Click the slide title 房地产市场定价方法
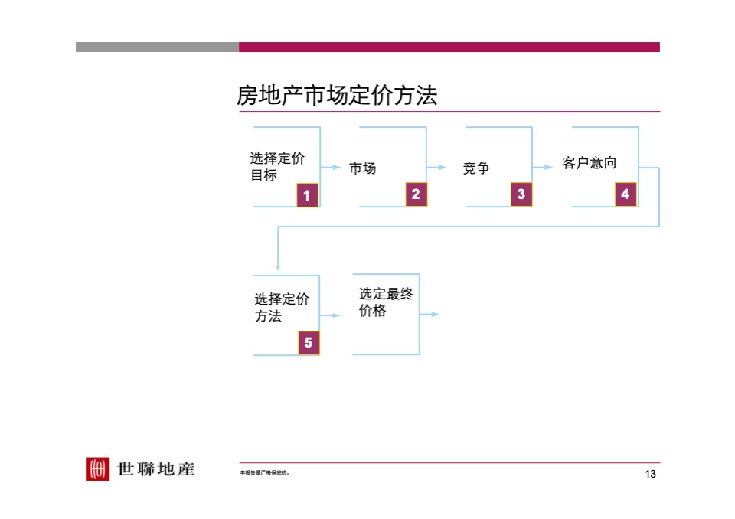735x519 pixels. click(x=337, y=96)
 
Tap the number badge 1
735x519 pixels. click(x=307, y=196)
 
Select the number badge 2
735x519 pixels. click(x=415, y=195)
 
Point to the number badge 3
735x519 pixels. click(x=521, y=195)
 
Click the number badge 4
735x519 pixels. click(x=626, y=195)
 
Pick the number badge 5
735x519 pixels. click(x=309, y=343)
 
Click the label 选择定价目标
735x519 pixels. click(x=276, y=167)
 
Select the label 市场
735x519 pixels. click(x=363, y=168)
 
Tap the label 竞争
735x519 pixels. click(x=476, y=168)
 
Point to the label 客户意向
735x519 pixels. click(x=589, y=163)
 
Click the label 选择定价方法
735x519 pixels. click(x=281, y=308)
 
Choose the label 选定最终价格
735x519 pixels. click(x=386, y=302)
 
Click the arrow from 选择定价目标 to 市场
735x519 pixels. click(x=331, y=167)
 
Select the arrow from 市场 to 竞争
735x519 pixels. click(x=436, y=167)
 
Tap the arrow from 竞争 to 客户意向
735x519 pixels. click(x=543, y=167)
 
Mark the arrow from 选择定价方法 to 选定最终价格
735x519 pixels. click(x=330, y=315)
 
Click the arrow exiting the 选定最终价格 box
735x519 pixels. click(x=430, y=315)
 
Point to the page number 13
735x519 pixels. click(x=651, y=475)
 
